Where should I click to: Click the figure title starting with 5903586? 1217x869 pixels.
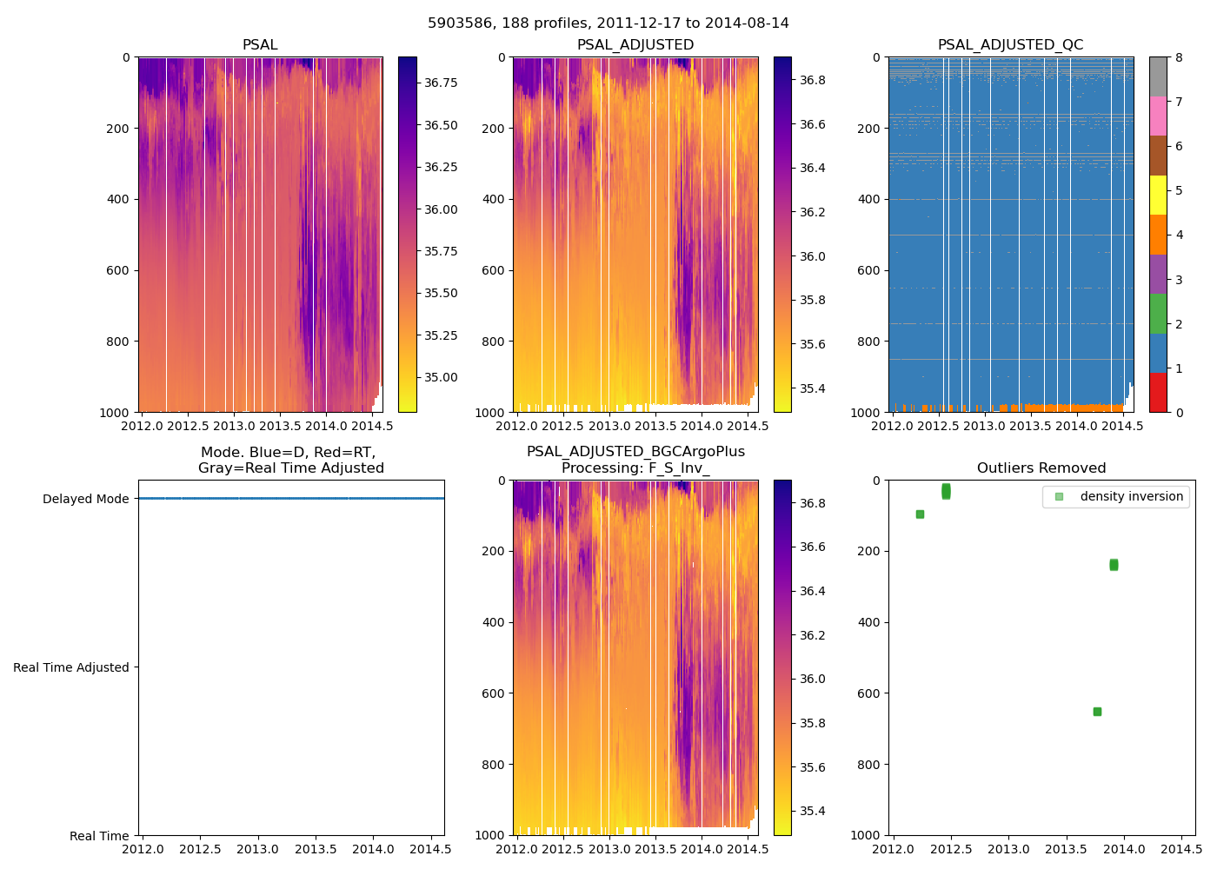[x=608, y=23]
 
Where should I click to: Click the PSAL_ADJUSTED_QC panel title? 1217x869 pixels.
[x=1010, y=45]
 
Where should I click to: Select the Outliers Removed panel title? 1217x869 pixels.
[x=1041, y=468]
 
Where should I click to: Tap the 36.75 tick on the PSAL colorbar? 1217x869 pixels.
[x=441, y=83]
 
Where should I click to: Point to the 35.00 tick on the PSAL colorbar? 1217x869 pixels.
[x=441, y=377]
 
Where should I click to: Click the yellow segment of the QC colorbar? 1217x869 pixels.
[x=1158, y=195]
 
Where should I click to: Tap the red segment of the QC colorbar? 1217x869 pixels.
[x=1158, y=392]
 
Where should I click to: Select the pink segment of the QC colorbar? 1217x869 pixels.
[x=1158, y=116]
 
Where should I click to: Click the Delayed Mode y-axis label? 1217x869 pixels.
[x=85, y=499]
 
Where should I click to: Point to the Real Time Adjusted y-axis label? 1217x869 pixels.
[x=71, y=667]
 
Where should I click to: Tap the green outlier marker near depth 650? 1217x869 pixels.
[x=1097, y=712]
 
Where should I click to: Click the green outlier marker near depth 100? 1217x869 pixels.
[x=920, y=514]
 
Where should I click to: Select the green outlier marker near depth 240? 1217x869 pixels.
[x=1114, y=565]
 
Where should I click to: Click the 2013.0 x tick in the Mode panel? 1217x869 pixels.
[x=257, y=849]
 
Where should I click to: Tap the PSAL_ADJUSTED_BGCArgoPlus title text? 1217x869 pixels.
[x=635, y=452]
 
